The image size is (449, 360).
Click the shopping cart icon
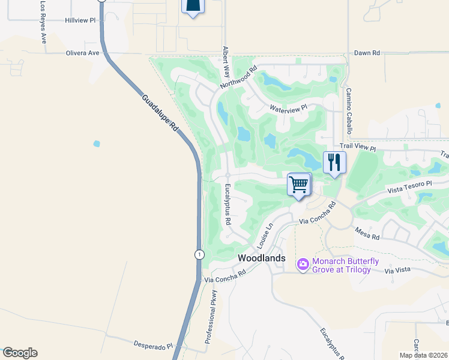(x=298, y=184)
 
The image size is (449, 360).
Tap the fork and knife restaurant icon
(x=334, y=163)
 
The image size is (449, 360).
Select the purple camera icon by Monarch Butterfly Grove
(x=303, y=263)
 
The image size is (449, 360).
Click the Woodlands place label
(x=262, y=257)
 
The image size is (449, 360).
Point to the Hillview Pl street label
(x=80, y=20)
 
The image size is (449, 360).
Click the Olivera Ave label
(x=82, y=53)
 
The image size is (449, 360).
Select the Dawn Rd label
(x=367, y=53)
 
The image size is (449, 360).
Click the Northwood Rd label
(x=238, y=77)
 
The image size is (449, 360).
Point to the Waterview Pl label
(x=288, y=109)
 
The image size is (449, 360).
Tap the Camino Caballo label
(x=348, y=111)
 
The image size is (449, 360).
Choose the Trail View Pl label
(x=357, y=148)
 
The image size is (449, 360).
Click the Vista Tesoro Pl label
(x=409, y=187)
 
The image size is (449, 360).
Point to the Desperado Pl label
(x=152, y=346)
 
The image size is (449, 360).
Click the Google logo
(x=20, y=353)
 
